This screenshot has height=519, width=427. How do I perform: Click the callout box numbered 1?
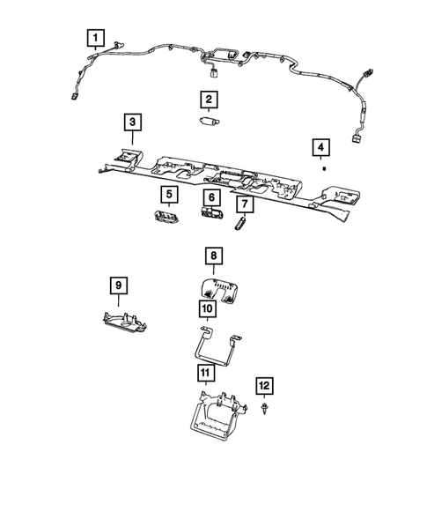pyautogui.click(x=94, y=38)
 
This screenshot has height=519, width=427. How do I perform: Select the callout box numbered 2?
pyautogui.click(x=209, y=100)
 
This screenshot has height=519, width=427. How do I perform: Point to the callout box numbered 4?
pyautogui.click(x=323, y=146)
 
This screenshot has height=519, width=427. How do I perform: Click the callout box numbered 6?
pyautogui.click(x=211, y=197)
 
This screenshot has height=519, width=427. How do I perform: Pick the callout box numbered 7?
pyautogui.click(x=243, y=204)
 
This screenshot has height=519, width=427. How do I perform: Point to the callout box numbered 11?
pyautogui.click(x=204, y=374)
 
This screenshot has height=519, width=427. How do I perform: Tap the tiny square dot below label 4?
pyautogui.click(x=324, y=166)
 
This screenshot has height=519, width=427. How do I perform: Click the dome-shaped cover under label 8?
pyautogui.click(x=217, y=288)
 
